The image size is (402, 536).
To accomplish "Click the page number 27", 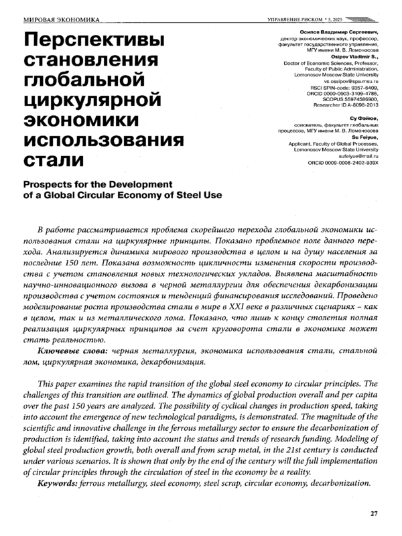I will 375,514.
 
